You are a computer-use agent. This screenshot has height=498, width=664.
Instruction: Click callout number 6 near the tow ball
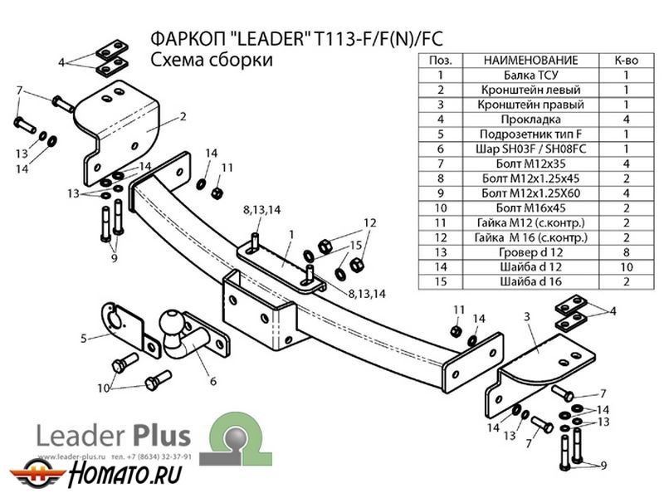212,381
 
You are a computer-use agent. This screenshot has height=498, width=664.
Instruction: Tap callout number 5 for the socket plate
85,337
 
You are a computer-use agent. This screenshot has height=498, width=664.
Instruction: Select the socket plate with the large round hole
120,325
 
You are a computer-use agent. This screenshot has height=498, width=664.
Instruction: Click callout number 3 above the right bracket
525,316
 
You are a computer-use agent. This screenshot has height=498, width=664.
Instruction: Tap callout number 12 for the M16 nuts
370,222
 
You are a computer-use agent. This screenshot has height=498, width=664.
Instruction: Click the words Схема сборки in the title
212,61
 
